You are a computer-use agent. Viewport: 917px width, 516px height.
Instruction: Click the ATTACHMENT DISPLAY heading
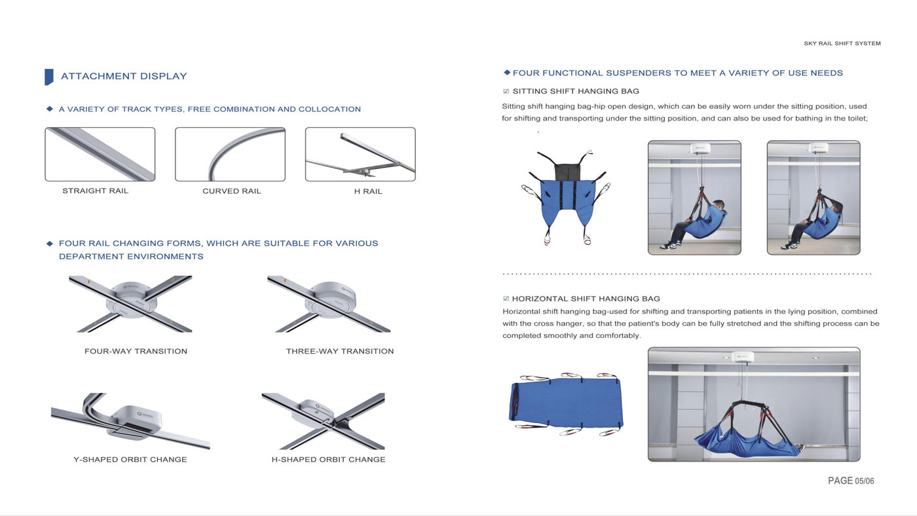pyautogui.click(x=124, y=76)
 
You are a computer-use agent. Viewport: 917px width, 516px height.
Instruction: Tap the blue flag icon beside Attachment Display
pyautogui.click(x=48, y=77)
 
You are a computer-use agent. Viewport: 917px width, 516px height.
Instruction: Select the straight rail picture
pyautogui.click(x=100, y=155)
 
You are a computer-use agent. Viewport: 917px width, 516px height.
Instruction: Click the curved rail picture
pyautogui.click(x=230, y=155)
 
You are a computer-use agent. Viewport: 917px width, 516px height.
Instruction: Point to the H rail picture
pyautogui.click(x=360, y=155)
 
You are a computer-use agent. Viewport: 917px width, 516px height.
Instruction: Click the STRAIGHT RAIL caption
pyautogui.click(x=96, y=191)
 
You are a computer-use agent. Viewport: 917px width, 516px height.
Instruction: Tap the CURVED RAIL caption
pyautogui.click(x=232, y=191)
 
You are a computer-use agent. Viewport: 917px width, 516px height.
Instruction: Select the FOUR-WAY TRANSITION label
pyautogui.click(x=136, y=351)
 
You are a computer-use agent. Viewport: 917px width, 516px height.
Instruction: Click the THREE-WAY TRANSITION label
pyautogui.click(x=340, y=351)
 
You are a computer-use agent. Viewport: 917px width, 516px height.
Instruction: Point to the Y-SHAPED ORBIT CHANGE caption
pyautogui.click(x=130, y=460)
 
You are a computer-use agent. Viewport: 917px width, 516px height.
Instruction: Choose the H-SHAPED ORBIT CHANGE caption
pyautogui.click(x=328, y=460)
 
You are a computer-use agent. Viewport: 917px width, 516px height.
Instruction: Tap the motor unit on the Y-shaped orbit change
pyautogui.click(x=136, y=422)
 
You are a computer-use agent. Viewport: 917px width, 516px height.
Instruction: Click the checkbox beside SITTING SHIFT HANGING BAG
pyautogui.click(x=506, y=91)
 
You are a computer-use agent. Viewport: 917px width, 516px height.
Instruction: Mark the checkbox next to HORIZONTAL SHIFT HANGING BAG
pyautogui.click(x=506, y=299)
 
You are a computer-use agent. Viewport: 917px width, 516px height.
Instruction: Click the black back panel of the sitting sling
pyautogui.click(x=567, y=172)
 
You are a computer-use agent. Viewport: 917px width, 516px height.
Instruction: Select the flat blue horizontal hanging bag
pyautogui.click(x=566, y=403)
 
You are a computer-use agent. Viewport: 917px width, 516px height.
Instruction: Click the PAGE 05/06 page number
pyautogui.click(x=851, y=481)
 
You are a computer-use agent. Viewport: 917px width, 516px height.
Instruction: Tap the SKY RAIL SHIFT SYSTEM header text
pyautogui.click(x=842, y=43)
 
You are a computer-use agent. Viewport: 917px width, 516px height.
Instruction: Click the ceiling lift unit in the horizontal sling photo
pyautogui.click(x=743, y=358)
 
